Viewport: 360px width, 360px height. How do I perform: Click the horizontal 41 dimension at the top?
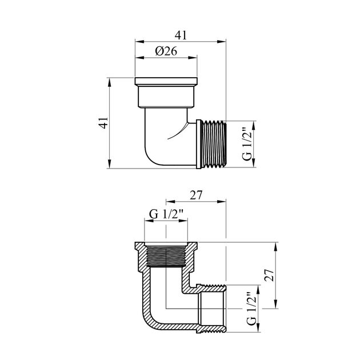click(181, 35)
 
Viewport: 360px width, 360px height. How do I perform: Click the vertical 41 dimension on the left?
click(103, 123)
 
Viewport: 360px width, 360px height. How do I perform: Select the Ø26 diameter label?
click(166, 51)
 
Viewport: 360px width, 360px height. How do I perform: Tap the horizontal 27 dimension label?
click(196, 195)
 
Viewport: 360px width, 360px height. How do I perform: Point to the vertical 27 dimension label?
click(269, 275)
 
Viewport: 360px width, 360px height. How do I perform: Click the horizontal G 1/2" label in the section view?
click(166, 214)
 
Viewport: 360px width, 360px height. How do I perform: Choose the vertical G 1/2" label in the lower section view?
click(251, 309)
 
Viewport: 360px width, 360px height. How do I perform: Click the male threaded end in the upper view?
click(214, 144)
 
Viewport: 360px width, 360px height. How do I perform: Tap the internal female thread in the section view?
click(166, 256)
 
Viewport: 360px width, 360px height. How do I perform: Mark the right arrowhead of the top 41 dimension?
click(222, 42)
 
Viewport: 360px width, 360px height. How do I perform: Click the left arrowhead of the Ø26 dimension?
click(139, 57)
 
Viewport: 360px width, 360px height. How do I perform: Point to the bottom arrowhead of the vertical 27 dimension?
click(275, 304)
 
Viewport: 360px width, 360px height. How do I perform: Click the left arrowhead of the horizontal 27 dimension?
click(171, 202)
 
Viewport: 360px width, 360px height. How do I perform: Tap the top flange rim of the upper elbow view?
click(166, 81)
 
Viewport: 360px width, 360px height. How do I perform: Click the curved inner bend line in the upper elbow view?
click(179, 132)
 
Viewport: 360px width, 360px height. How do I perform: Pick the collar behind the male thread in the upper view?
click(199, 144)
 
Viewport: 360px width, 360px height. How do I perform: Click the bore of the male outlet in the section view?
click(211, 309)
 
